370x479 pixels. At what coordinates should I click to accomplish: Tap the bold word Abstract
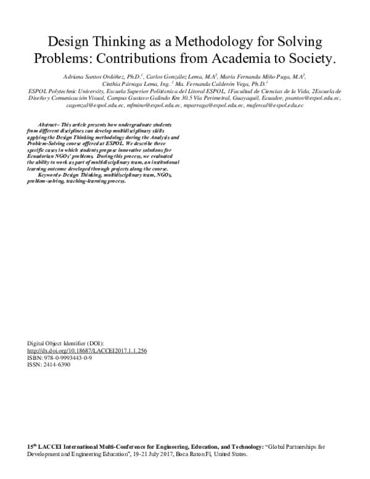[x=47, y=124]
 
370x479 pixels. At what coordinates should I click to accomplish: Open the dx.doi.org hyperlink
[x=87, y=351]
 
